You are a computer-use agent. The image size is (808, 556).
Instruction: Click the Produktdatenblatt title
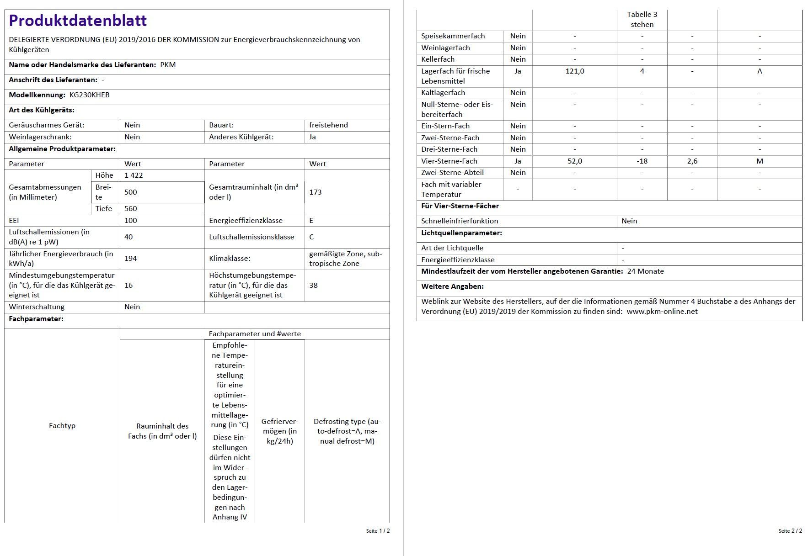coord(78,21)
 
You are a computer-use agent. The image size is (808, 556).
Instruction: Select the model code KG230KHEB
coord(89,95)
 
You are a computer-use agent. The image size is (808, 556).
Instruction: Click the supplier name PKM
coord(168,65)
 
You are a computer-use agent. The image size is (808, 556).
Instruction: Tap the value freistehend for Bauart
coord(328,125)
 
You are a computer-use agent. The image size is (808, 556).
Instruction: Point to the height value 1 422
coord(134,175)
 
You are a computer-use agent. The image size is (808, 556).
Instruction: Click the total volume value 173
coord(315,192)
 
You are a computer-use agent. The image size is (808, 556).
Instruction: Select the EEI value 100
coord(130,221)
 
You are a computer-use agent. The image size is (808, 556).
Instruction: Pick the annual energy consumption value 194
coord(130,259)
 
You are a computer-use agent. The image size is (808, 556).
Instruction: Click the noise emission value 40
coord(128,237)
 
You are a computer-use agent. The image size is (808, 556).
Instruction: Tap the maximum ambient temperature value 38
coord(313,286)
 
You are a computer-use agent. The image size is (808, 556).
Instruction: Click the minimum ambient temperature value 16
coord(128,286)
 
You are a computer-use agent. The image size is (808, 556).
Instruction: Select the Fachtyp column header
coord(62,426)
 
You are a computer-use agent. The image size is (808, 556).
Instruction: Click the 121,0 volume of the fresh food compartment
coord(575,71)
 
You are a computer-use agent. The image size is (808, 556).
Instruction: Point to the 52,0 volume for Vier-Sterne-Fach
coord(575,161)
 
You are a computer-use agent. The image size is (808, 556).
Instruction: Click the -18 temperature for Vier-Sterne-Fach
coord(642,161)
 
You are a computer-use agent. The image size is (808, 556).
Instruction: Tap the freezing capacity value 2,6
coord(692,161)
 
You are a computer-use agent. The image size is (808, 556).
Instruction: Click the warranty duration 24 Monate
coord(645,271)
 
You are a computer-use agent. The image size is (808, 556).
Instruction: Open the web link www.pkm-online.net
coord(662,312)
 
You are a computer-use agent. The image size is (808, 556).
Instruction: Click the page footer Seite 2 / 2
coord(790,531)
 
